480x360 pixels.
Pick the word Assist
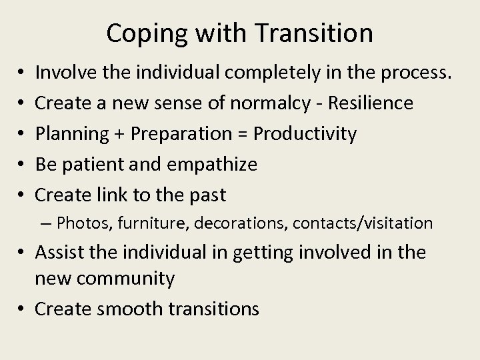58,252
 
